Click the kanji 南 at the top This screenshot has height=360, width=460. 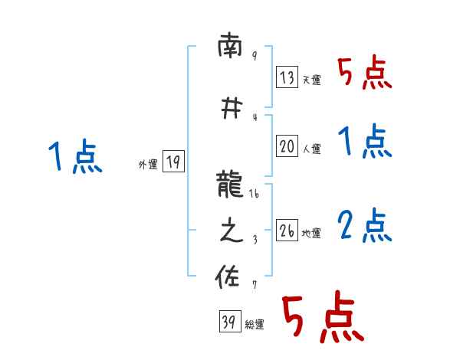tap(229, 49)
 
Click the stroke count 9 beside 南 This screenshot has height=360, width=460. tap(254, 57)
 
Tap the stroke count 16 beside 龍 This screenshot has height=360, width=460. tap(255, 195)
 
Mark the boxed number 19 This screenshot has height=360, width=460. tap(172, 162)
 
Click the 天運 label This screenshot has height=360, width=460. tap(311, 80)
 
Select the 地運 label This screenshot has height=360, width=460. tap(311, 233)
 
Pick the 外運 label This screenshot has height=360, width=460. tap(147, 164)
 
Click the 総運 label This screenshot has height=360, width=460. tap(255, 325)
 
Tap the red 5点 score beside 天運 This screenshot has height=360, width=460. tap(365, 74)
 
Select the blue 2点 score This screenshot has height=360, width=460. tap(365, 225)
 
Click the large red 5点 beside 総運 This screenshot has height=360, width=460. tap(321, 318)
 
